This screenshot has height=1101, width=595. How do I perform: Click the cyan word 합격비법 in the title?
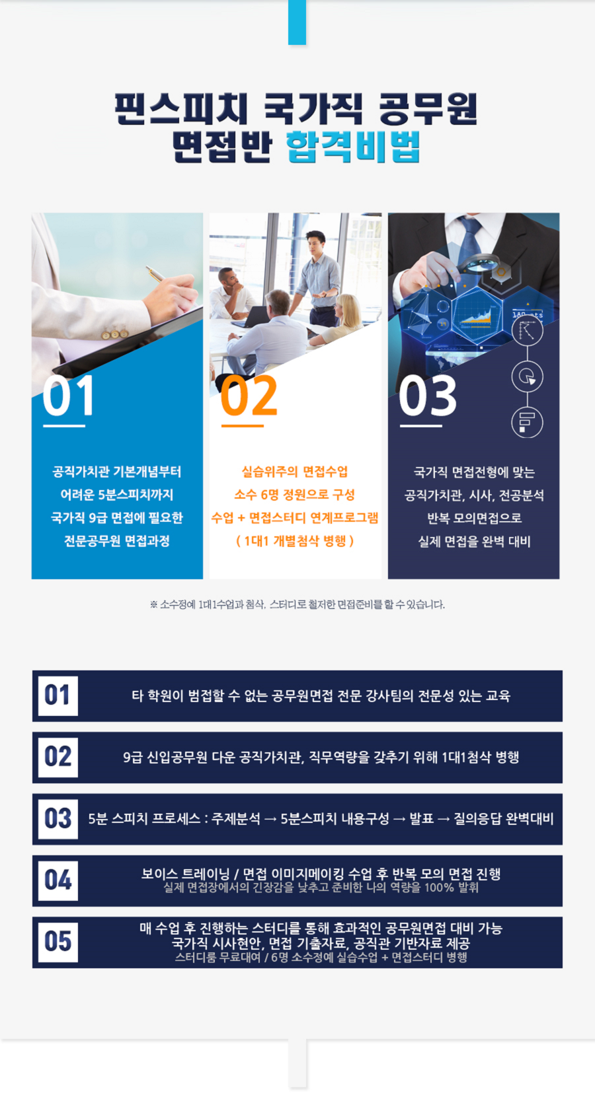click(353, 147)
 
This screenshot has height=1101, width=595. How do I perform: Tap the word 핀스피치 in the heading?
click(180, 108)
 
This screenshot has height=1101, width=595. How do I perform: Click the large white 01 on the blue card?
click(68, 396)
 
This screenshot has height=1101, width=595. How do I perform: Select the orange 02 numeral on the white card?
click(249, 396)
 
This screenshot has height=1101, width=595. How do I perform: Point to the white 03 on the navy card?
click(428, 396)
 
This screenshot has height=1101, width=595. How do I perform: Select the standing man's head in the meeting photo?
click(315, 242)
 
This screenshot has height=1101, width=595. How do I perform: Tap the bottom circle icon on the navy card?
click(527, 422)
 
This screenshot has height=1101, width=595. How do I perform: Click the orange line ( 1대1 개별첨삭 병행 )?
click(295, 541)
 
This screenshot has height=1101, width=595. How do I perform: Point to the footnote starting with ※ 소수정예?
click(297, 604)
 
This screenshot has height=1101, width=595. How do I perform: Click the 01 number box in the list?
click(58, 695)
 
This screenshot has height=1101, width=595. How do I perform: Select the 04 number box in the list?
click(58, 880)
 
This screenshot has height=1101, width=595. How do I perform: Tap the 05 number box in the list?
click(58, 942)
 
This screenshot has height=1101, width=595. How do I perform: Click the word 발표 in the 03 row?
click(422, 819)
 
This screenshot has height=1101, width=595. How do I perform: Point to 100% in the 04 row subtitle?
click(439, 888)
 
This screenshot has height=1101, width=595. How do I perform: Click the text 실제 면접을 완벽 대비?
click(474, 542)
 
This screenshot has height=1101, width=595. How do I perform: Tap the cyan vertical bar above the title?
click(297, 22)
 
